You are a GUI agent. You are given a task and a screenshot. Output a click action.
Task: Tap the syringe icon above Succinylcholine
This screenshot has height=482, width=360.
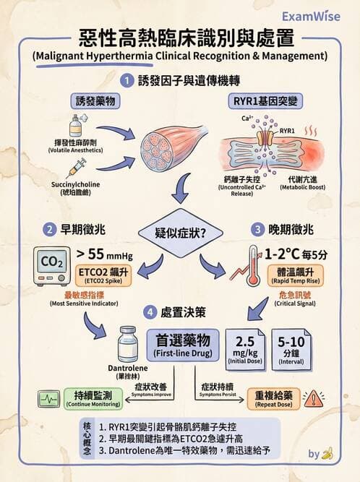click(75, 168)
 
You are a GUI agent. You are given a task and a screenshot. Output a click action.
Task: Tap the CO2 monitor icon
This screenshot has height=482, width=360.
click(53, 266)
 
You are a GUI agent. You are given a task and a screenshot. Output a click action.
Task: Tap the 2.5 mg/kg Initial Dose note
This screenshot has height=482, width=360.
click(246, 347)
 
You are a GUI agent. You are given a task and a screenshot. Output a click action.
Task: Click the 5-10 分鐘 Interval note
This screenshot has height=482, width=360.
click(292, 347)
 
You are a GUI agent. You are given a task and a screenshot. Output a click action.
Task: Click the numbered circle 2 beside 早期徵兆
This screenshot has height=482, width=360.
click(50, 230)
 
